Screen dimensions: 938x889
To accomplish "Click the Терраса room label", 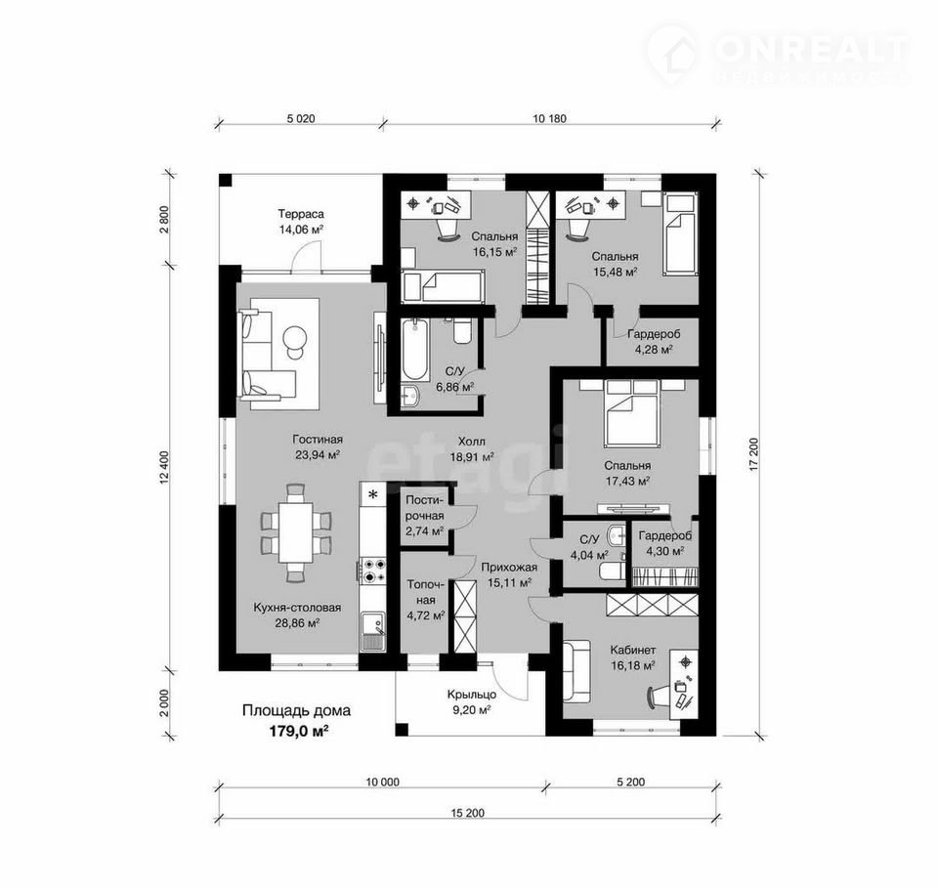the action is [x=300, y=214].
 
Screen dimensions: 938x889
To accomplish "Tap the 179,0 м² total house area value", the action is [x=297, y=731].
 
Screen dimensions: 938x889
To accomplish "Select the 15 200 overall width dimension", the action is [x=468, y=813].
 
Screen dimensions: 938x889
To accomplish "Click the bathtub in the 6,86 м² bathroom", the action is [x=414, y=350].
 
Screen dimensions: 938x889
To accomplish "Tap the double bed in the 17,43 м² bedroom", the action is [x=633, y=413].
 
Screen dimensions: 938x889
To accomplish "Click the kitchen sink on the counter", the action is [x=372, y=632].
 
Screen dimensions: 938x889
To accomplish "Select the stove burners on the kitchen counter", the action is [x=372, y=571].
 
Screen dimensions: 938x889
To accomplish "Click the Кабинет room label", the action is [x=632, y=650].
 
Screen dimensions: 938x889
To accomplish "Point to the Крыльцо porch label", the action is [x=471, y=695].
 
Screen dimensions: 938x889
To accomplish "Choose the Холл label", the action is [x=471, y=442].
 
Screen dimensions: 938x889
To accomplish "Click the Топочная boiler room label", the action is [x=425, y=592].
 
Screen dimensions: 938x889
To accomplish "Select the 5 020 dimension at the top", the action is [x=300, y=118].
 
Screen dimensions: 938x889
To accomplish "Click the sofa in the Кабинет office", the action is [x=576, y=670].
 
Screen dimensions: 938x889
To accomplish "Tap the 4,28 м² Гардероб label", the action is [x=654, y=342].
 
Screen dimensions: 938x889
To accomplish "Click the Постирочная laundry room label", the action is [x=425, y=507].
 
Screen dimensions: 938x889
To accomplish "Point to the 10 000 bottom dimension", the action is [x=382, y=782].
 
